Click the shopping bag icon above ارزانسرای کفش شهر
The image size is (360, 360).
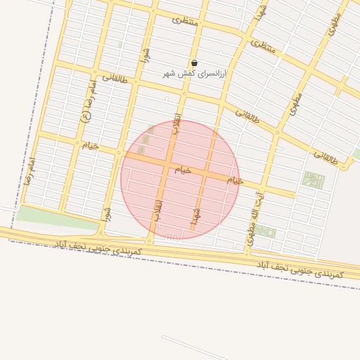194,63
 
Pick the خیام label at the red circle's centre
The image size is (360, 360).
182,170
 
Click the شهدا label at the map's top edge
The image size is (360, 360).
261,11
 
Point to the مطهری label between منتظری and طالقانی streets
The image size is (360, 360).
296,103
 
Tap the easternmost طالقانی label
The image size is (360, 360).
325,159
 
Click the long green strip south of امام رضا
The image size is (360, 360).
56,217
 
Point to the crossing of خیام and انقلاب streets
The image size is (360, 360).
169,167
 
